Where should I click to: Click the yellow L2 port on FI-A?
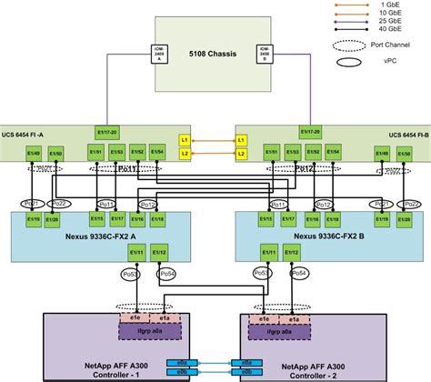[183, 154]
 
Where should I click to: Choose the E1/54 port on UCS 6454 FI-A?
[158, 150]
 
